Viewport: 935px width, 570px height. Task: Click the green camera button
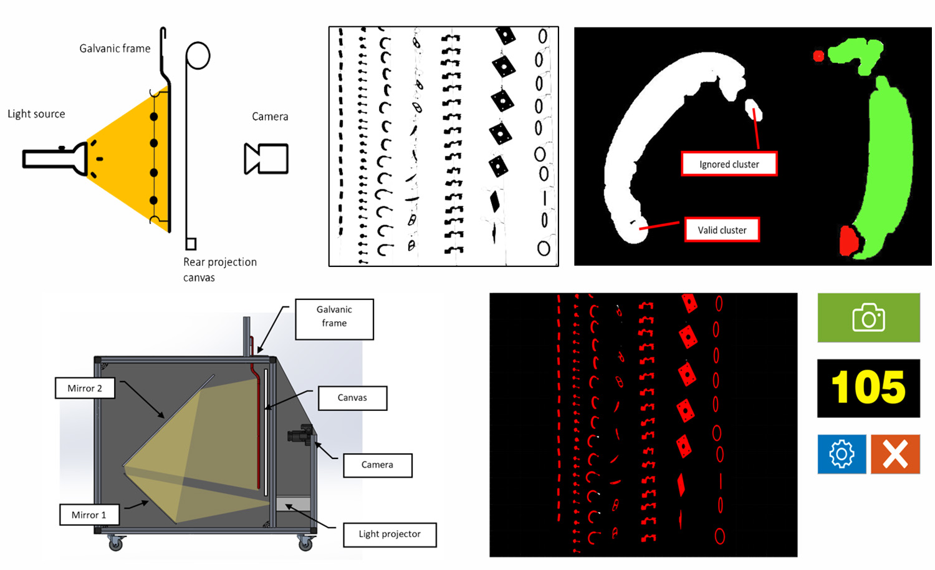point(868,317)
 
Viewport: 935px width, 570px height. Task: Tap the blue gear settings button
point(841,454)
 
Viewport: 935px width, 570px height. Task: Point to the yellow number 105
point(868,388)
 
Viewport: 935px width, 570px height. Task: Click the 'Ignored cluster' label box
point(729,164)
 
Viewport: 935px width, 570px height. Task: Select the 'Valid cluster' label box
point(722,230)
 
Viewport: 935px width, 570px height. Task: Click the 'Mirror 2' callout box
point(85,388)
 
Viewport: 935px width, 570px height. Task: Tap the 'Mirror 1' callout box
point(89,514)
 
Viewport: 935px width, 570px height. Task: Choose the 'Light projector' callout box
point(390,534)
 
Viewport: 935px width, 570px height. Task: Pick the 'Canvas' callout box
point(352,398)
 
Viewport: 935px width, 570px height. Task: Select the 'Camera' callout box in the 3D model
point(377,465)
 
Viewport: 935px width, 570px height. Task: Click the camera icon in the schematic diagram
point(267,158)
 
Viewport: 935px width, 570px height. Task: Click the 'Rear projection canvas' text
point(219,269)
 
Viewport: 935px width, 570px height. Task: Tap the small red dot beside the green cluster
point(818,56)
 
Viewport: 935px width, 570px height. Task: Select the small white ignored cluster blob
point(754,110)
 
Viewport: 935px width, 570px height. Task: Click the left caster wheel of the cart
point(115,544)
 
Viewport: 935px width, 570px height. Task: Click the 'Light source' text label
point(36,114)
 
